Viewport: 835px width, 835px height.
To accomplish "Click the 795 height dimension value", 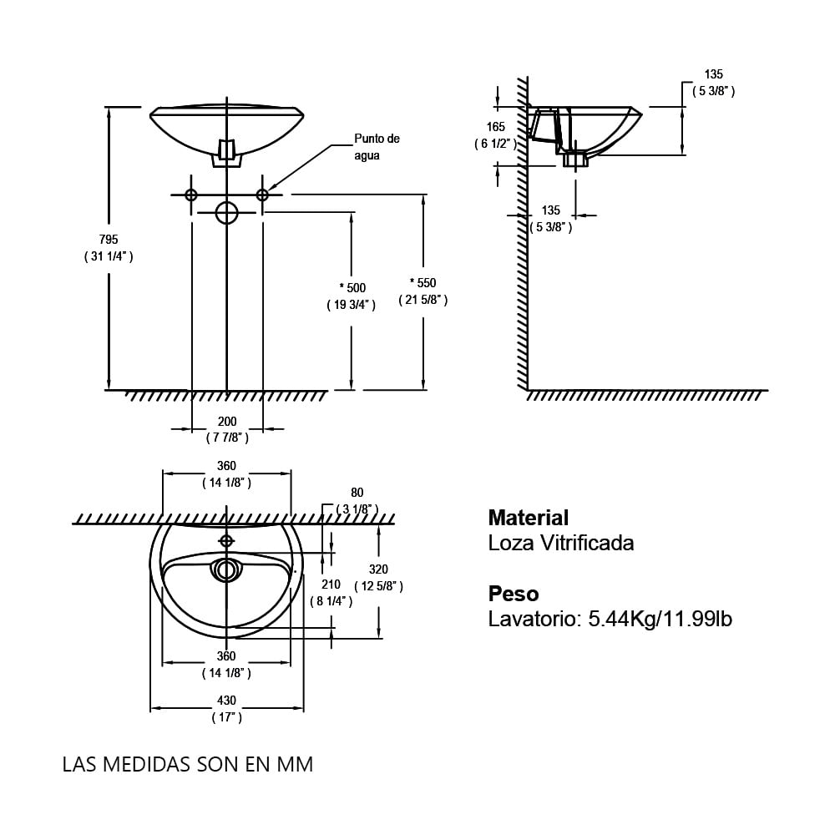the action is (x=109, y=239).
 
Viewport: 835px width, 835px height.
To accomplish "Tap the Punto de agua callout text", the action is (x=377, y=147).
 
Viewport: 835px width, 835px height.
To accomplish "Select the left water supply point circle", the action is (x=191, y=195).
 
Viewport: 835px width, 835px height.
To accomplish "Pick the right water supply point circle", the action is (x=262, y=195).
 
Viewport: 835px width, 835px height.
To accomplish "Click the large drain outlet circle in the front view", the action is (x=227, y=212).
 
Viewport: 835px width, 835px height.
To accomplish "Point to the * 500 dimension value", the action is (x=352, y=287).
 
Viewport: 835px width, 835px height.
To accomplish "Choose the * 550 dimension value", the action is (x=423, y=283).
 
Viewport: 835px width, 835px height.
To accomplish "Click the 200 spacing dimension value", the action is (x=227, y=421).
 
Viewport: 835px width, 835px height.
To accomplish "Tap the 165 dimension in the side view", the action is (x=496, y=127).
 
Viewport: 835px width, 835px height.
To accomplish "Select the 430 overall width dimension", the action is (x=227, y=701).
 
